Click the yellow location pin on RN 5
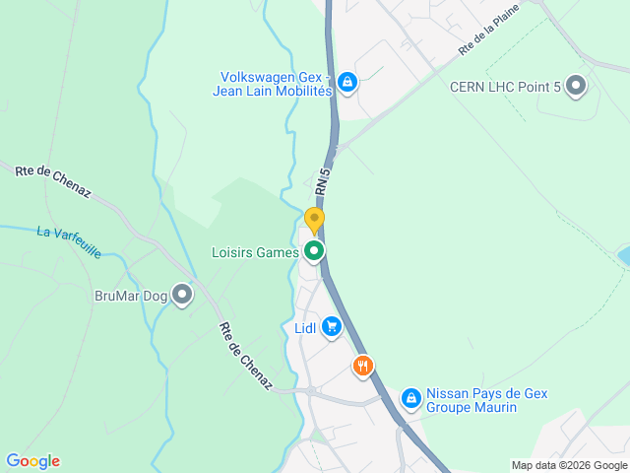click(x=314, y=220)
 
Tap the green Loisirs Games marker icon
click(x=314, y=251)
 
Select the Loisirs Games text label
click(x=256, y=252)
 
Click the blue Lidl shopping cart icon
click(x=332, y=327)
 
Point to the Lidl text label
click(x=305, y=328)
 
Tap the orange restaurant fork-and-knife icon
click(x=363, y=367)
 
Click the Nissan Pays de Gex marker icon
click(x=410, y=399)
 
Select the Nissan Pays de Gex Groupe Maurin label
click(x=486, y=400)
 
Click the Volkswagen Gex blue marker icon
click(x=346, y=82)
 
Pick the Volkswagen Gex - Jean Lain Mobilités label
click(x=274, y=83)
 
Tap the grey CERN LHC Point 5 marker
click(x=576, y=87)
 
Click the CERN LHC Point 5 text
click(x=505, y=88)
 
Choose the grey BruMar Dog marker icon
click(x=182, y=294)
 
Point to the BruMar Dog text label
click(x=130, y=295)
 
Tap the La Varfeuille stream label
click(x=69, y=242)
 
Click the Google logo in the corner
click(x=32, y=460)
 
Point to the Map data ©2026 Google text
click(x=568, y=465)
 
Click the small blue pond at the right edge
click(x=624, y=256)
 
